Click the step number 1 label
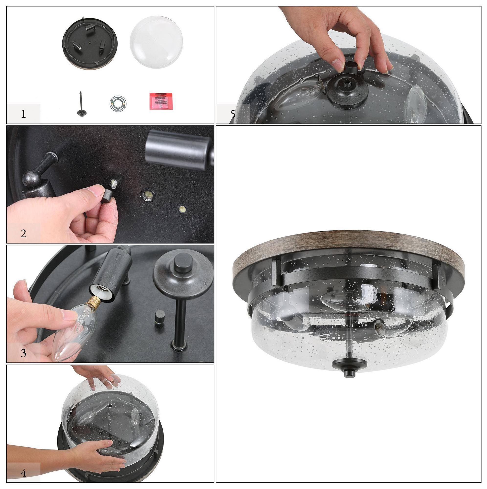[23, 114]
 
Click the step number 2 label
[23, 233]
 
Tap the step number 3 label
[23, 353]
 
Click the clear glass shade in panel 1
[156, 42]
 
